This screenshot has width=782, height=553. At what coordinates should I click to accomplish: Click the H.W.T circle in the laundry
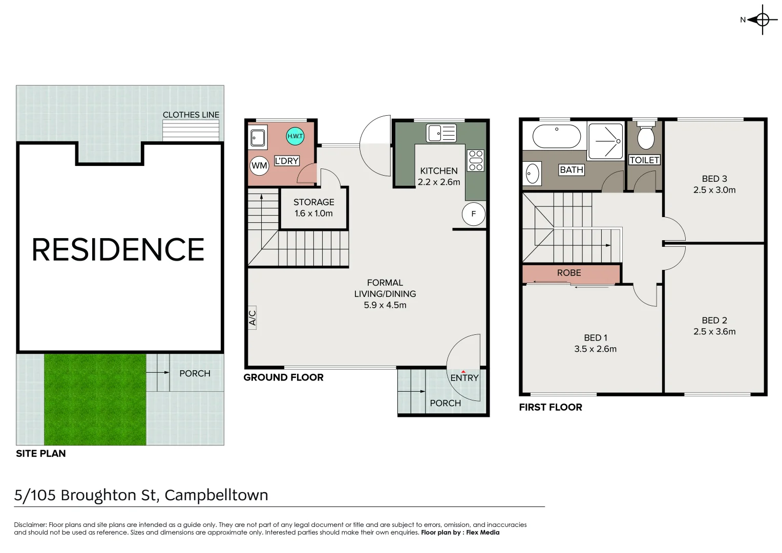295,136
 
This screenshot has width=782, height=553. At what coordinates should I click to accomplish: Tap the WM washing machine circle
260,165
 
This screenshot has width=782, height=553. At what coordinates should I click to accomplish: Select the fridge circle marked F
473,214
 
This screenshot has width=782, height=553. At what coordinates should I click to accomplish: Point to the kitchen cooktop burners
476,161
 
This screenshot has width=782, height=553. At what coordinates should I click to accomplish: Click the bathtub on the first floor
557,136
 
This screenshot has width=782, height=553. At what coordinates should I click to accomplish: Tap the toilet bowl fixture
645,136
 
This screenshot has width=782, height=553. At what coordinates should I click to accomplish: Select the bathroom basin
532,173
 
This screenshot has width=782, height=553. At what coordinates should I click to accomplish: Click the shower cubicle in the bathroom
606,141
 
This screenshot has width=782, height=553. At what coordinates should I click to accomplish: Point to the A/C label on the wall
252,317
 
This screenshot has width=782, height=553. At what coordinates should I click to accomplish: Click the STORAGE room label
314,202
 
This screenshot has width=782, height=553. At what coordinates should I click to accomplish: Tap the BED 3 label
714,179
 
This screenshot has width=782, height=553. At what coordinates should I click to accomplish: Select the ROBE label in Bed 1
569,272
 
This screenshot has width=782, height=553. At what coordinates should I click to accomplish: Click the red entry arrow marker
463,372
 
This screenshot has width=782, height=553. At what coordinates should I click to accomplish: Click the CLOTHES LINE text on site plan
191,115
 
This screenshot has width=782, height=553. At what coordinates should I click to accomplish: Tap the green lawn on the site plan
95,399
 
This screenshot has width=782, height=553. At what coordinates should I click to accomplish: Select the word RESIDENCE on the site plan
118,249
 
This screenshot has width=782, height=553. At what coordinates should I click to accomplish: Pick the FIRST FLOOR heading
551,407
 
